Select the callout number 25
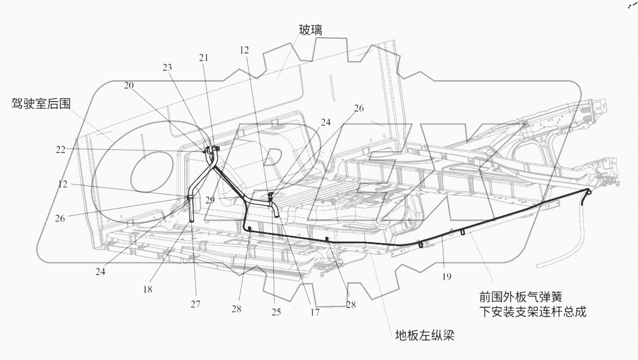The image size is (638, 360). tap(275, 312)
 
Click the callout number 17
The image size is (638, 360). tap(314, 312)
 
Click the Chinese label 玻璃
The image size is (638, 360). tap(311, 29)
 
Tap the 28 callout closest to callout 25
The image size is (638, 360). tap(236, 309)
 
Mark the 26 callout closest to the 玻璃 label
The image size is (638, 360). tap(359, 108)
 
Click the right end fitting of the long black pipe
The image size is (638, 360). tap(588, 191)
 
